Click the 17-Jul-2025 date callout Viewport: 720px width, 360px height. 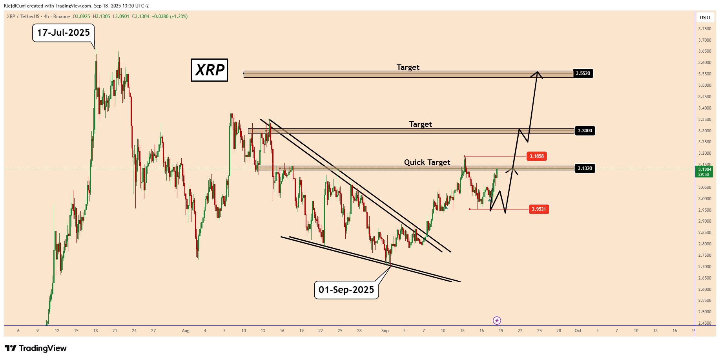pos(63,33)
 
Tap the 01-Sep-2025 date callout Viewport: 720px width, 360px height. pos(346,290)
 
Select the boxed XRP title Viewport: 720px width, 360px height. pos(210,70)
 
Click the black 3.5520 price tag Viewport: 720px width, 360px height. pos(583,73)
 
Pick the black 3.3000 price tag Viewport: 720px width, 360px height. pos(585,131)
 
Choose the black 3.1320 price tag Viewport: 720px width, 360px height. pos(585,168)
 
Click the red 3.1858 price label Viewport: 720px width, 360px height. pos(536,156)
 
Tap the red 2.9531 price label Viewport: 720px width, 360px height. pos(539,209)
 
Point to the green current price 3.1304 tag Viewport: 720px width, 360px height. pos(705,172)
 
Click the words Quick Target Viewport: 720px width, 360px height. pos(427,162)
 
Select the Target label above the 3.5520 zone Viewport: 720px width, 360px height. pos(408,67)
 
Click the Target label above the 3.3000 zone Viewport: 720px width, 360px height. pos(420,124)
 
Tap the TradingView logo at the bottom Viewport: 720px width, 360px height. pos(36,348)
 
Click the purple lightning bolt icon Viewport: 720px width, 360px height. pos(497,320)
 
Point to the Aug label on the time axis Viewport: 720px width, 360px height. pos(186,331)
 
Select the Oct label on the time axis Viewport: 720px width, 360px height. pos(578,331)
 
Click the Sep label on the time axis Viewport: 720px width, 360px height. pos(385,331)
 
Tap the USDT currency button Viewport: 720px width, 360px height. pos(705,17)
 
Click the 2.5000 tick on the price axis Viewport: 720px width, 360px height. pos(705,312)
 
